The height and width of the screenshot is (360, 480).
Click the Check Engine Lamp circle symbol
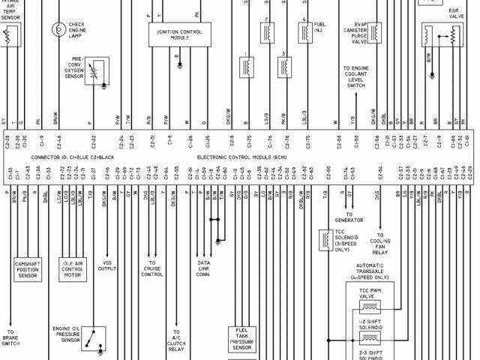point(58,29)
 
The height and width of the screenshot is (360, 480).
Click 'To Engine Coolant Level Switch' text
point(355,77)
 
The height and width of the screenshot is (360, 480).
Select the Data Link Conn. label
point(204,269)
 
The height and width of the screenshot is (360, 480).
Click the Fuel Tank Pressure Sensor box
point(242,339)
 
